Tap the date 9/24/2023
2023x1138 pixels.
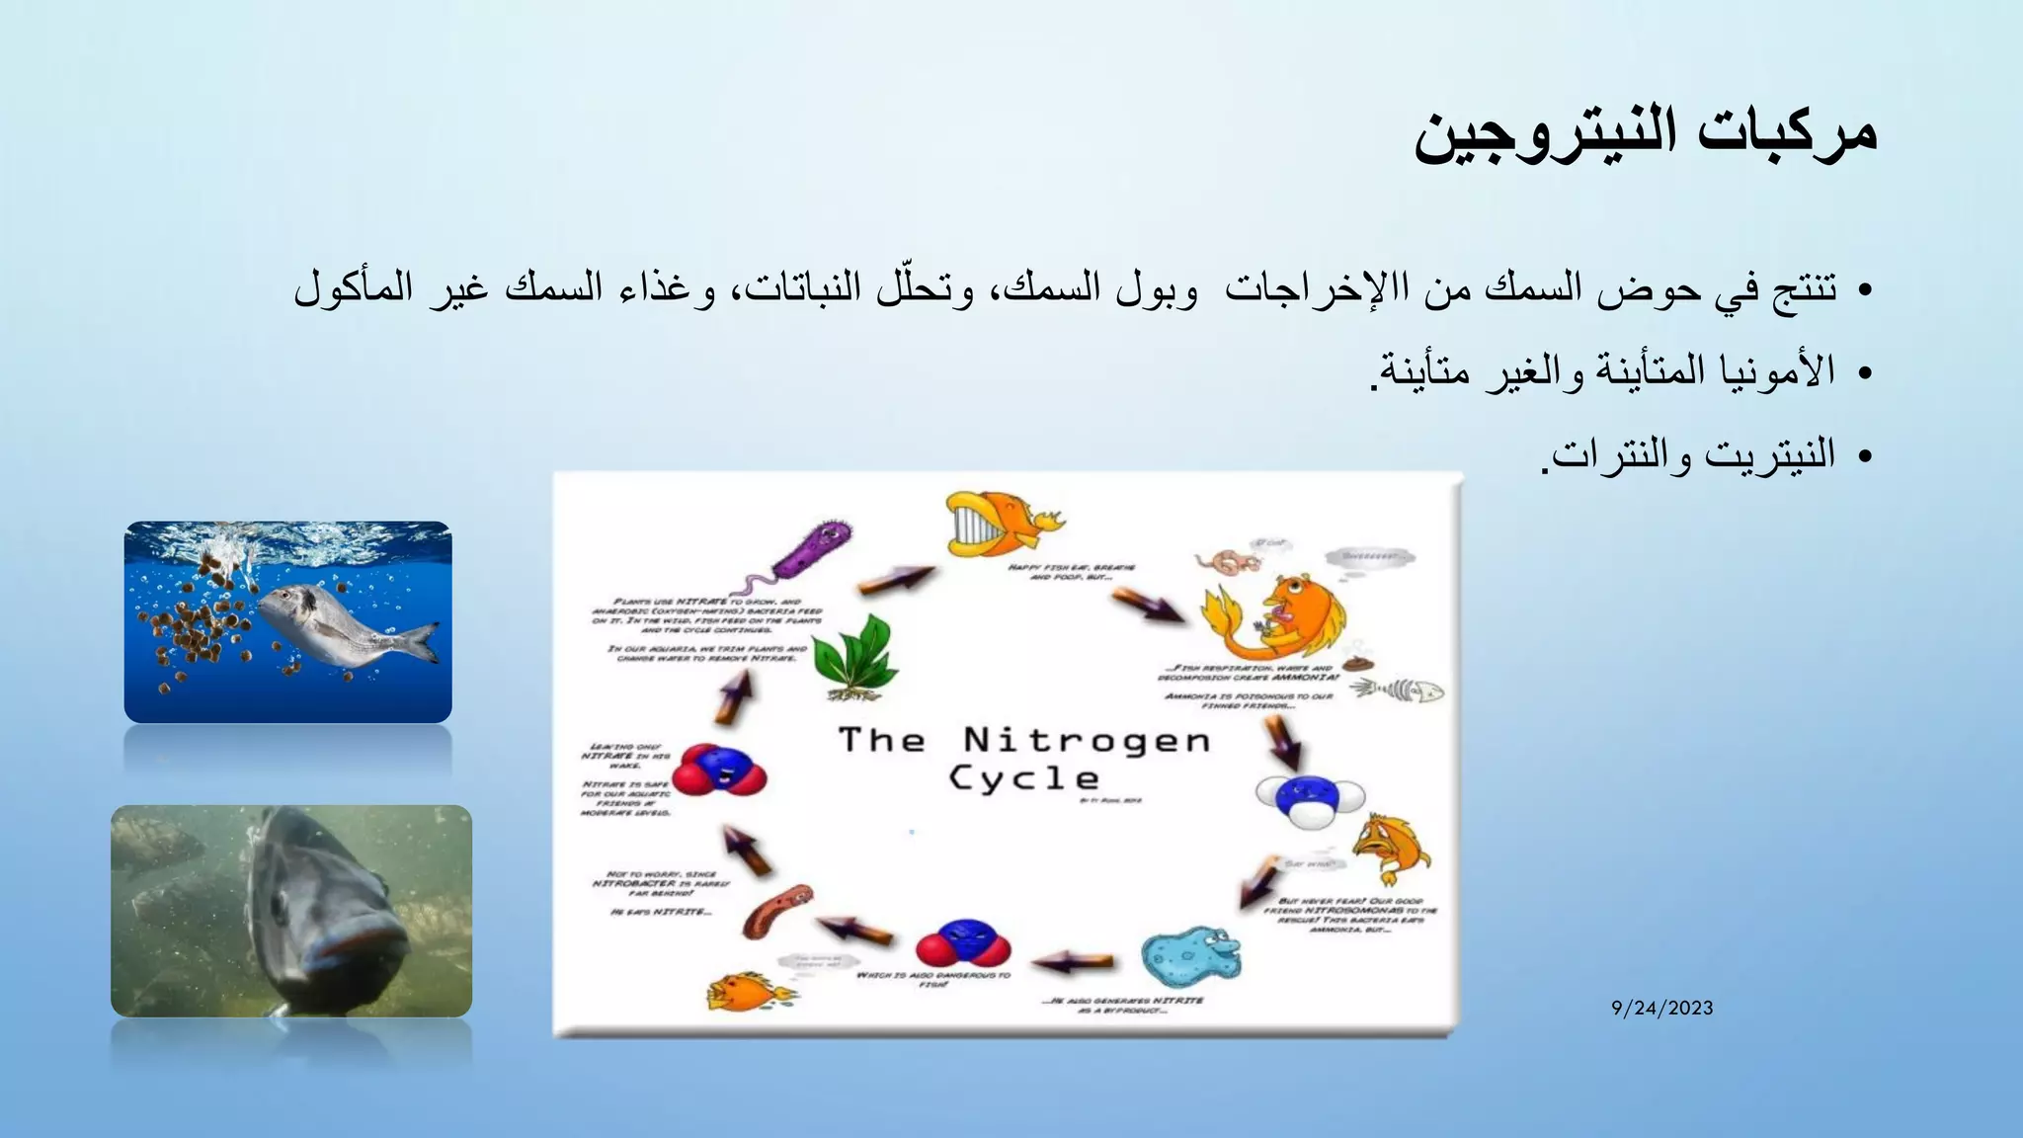point(1661,1009)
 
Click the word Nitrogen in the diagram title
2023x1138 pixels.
point(1087,740)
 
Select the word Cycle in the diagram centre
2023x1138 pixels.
point(1023,778)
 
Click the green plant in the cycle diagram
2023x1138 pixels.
point(855,657)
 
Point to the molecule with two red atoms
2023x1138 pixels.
point(963,943)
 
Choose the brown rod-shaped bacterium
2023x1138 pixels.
point(778,911)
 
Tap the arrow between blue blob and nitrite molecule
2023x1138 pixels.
point(1074,960)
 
